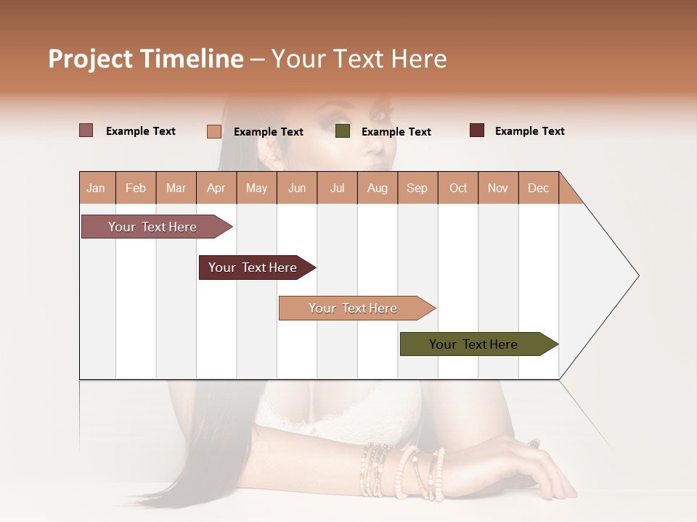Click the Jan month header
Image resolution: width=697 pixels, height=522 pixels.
point(97,188)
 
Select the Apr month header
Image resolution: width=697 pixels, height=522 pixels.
point(216,188)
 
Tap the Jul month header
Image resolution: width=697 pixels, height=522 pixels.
point(338,188)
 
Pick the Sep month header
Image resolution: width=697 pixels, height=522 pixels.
point(417,188)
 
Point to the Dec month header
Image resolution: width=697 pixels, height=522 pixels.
point(539,188)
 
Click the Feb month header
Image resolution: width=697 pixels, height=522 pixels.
point(136,188)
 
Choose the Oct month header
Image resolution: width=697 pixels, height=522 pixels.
point(458,188)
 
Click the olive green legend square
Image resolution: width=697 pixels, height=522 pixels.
point(343,131)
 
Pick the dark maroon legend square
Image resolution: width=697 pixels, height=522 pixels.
point(477,130)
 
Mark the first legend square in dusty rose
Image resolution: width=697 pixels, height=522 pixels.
point(86,130)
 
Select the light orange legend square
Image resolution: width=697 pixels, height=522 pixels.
point(214,131)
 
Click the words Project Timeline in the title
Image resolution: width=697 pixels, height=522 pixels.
point(146,59)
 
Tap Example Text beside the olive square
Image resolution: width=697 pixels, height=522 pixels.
point(396,131)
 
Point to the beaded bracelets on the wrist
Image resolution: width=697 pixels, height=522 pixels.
point(403,471)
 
